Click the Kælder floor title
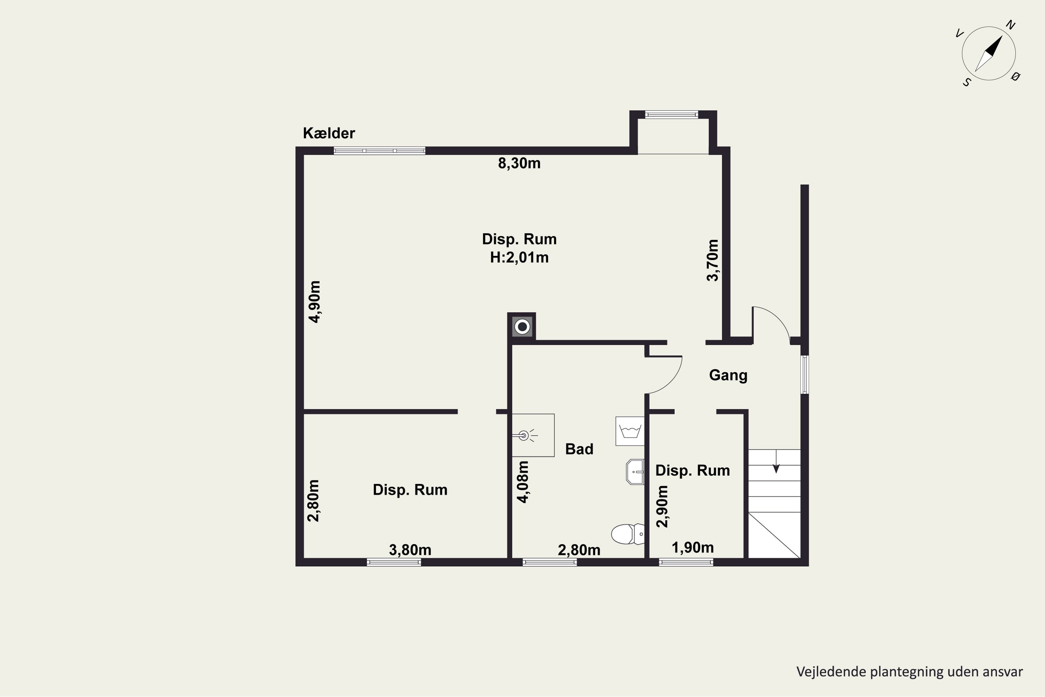[329, 133]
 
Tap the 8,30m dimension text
[519, 163]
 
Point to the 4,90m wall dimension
[315, 301]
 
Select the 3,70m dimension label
[712, 260]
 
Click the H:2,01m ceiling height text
[519, 258]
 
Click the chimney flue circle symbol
[522, 327]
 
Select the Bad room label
[579, 449]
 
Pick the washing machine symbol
[629, 431]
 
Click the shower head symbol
[524, 436]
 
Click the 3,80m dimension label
[410, 550]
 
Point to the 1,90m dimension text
[693, 547]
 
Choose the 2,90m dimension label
[662, 506]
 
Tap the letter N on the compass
[1011, 25]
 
